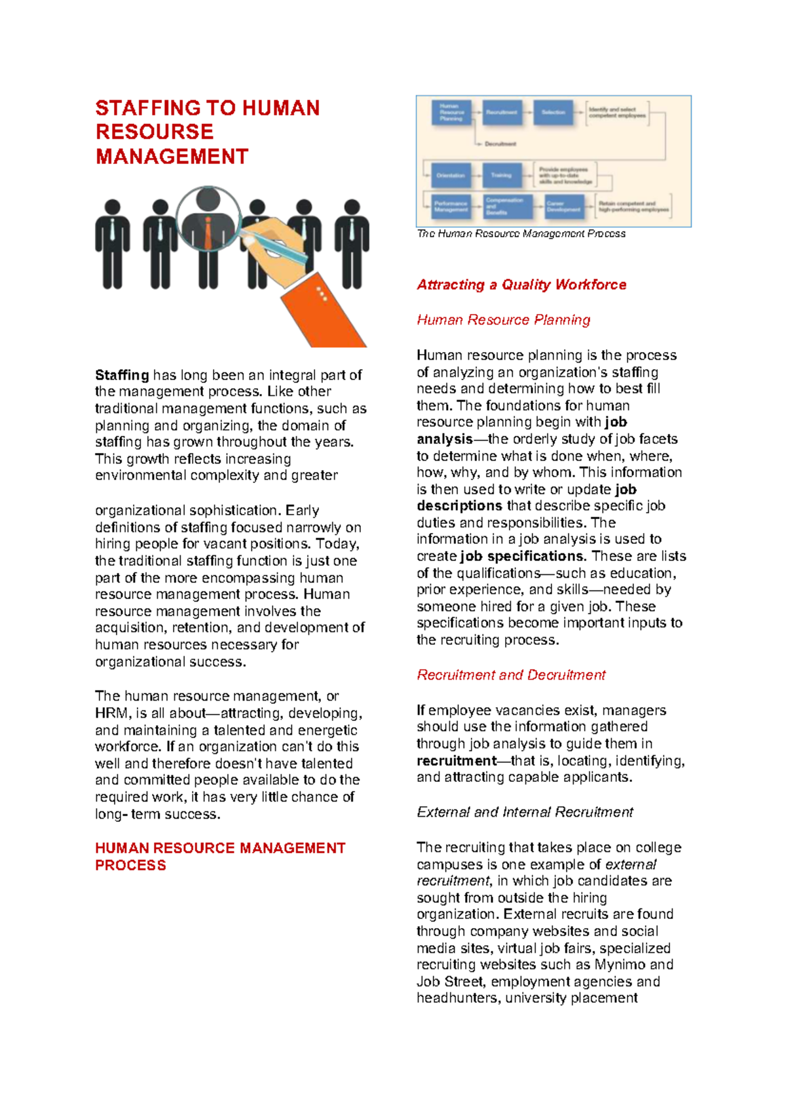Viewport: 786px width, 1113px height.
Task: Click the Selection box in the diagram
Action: click(553, 112)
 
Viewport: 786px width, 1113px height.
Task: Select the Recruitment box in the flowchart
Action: click(502, 112)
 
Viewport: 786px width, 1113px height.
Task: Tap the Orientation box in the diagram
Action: click(451, 175)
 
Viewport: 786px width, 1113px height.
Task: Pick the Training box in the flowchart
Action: click(502, 175)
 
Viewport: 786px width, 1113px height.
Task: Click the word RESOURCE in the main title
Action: click(155, 132)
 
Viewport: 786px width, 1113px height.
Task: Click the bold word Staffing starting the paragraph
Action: click(122, 375)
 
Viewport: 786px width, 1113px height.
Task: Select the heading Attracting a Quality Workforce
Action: click(521, 284)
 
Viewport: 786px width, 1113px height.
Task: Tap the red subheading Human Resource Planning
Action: click(503, 320)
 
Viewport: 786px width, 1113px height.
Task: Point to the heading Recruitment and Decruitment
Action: click(511, 675)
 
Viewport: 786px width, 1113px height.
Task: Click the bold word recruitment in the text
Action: click(457, 761)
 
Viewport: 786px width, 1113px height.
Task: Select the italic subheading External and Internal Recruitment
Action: click(525, 812)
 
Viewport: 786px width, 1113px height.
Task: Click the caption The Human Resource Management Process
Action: click(521, 233)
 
